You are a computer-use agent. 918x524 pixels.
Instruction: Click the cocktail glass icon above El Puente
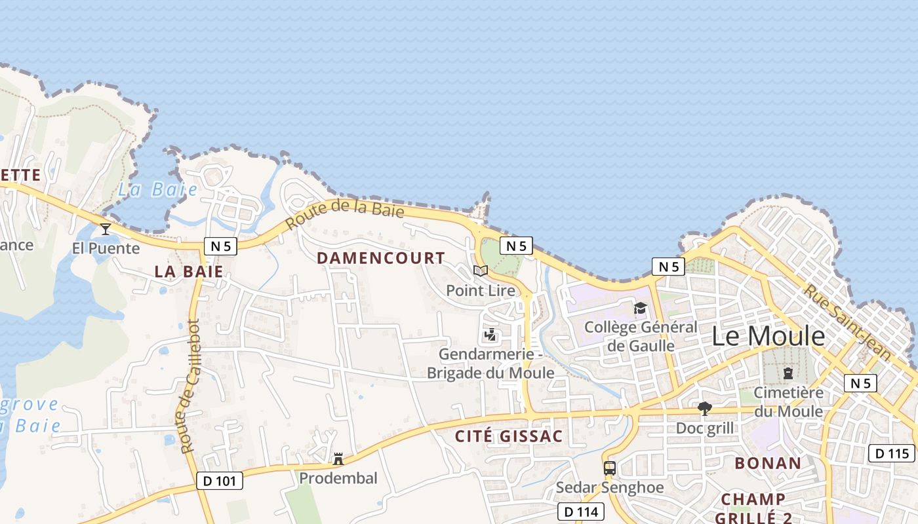(106, 229)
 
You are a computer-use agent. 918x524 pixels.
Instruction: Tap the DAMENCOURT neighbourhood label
(381, 258)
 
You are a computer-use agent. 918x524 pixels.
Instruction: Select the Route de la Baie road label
(345, 214)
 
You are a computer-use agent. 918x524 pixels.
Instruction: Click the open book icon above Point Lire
(481, 271)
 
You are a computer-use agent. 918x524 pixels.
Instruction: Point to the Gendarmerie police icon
(490, 335)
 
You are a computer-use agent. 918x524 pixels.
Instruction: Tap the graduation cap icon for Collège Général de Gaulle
(640, 308)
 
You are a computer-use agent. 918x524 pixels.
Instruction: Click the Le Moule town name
(768, 336)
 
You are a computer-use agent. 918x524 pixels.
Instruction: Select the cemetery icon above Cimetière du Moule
(788, 373)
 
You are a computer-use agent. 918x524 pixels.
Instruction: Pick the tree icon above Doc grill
(705, 409)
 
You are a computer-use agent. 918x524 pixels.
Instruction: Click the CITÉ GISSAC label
(509, 436)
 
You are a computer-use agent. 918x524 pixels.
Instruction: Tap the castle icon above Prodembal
(338, 459)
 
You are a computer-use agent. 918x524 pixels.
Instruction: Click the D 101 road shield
(220, 481)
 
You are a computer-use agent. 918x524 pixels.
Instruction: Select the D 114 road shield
(580, 512)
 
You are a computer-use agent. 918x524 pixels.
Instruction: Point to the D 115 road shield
(892, 453)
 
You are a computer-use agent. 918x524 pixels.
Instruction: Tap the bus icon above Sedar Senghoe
(610, 468)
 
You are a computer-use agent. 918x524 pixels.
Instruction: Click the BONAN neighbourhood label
(768, 463)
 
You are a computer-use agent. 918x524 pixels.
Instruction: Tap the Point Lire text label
(481, 290)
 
